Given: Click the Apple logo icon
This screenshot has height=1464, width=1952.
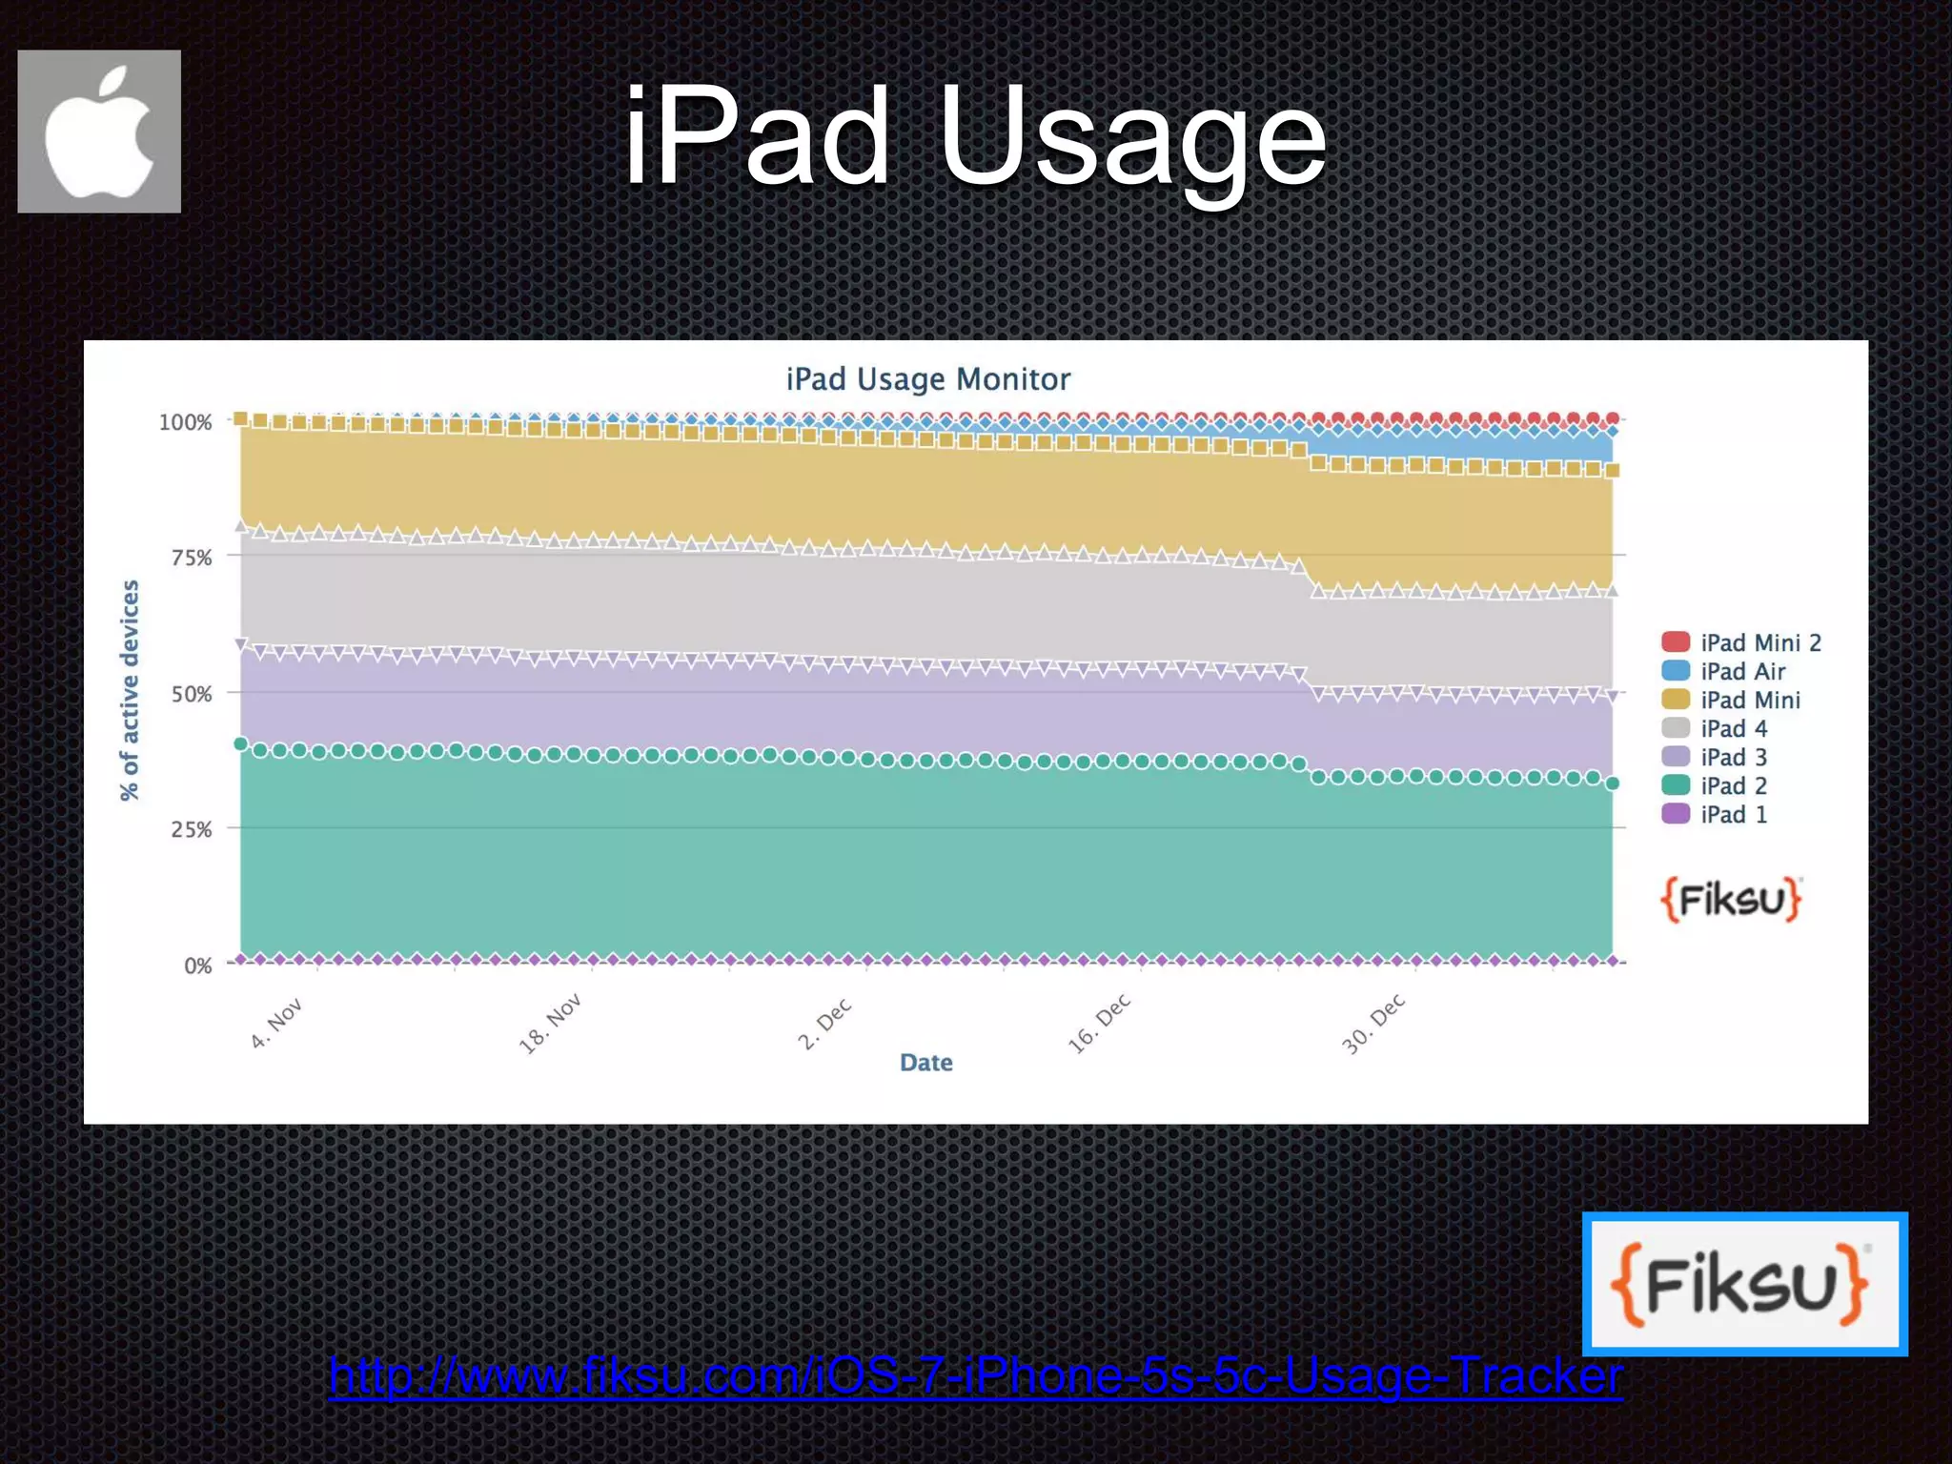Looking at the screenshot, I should tap(99, 132).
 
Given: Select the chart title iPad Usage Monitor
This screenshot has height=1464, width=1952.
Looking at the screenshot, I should tap(927, 379).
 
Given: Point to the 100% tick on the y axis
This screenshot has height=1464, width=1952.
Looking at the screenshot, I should tap(185, 422).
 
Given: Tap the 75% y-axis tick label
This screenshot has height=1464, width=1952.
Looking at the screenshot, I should tap(191, 558).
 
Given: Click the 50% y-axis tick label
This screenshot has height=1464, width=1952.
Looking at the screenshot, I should tap(191, 694).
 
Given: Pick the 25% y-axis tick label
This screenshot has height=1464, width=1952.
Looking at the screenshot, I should tap(191, 829).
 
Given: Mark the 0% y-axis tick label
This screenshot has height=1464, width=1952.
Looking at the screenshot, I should tap(197, 966).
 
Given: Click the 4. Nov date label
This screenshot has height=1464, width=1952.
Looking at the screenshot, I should tap(275, 1024).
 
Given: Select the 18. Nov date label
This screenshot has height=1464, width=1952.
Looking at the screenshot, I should tap(549, 1025).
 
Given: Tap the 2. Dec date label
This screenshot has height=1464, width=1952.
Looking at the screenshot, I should tap(824, 1025).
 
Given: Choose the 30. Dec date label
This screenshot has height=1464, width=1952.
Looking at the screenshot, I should tap(1373, 1025).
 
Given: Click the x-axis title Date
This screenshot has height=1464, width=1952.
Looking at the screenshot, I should tap(925, 1063).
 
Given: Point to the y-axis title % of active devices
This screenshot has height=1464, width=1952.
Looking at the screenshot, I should tap(130, 691).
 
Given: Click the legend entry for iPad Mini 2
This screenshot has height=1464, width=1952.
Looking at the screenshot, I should tap(1741, 642).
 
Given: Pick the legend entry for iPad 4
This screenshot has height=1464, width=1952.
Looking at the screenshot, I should tap(1715, 728).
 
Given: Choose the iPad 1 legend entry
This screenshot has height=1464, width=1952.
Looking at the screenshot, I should tap(1715, 814).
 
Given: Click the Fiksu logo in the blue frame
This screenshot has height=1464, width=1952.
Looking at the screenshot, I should tap(1744, 1284).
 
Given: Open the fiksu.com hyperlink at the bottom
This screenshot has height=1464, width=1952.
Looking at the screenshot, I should tap(975, 1375).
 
